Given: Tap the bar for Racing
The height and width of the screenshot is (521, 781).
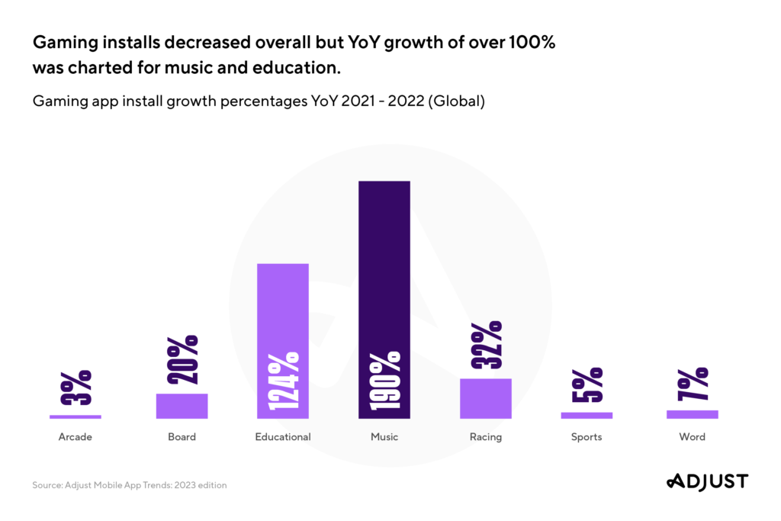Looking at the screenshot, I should [485, 398].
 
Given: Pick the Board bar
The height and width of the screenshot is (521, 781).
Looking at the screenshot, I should [182, 406].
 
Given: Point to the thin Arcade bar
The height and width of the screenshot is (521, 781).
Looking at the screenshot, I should [76, 416].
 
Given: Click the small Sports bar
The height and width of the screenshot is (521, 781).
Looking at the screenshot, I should [587, 415].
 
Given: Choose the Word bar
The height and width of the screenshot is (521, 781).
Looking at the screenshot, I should [692, 414].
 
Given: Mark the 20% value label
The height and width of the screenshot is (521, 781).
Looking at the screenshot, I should [182, 361].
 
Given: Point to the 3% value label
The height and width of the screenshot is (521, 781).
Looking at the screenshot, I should [76, 388].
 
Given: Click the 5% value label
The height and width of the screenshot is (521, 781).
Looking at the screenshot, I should [587, 384].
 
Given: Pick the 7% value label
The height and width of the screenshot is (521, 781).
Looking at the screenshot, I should [692, 384].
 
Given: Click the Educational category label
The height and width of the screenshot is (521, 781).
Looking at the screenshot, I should [283, 437].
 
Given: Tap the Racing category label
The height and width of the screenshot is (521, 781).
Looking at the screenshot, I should [485, 437].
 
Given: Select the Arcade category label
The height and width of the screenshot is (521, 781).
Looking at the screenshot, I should [76, 437].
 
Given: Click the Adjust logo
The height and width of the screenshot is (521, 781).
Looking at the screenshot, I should [707, 481].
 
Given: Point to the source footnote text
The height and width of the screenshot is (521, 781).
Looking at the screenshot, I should [129, 485].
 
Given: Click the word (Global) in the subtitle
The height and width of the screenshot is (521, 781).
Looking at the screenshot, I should [457, 101].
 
